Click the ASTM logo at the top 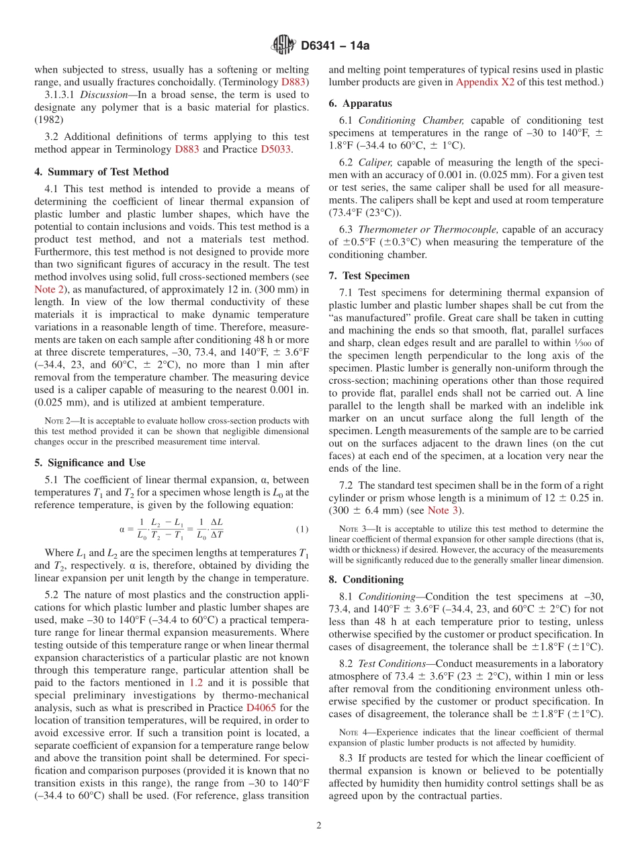[283, 46]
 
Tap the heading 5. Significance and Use [89, 462]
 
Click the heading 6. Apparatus [360, 104]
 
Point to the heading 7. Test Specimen [369, 276]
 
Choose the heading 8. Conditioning [366, 579]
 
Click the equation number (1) [302, 529]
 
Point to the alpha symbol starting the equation [122, 529]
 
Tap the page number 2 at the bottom [319, 825]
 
